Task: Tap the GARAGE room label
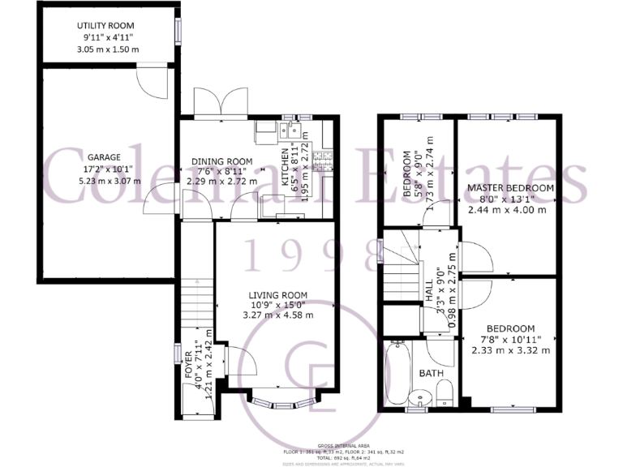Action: [104, 157]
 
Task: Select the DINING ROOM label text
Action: [221, 161]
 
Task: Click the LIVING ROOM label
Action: [277, 294]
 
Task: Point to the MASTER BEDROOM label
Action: [510, 188]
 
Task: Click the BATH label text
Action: [431, 374]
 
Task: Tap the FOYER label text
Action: [189, 366]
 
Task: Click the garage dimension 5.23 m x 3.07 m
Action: [104, 181]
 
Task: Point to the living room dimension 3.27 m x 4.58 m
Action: [277, 315]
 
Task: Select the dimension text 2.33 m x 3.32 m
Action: [510, 351]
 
